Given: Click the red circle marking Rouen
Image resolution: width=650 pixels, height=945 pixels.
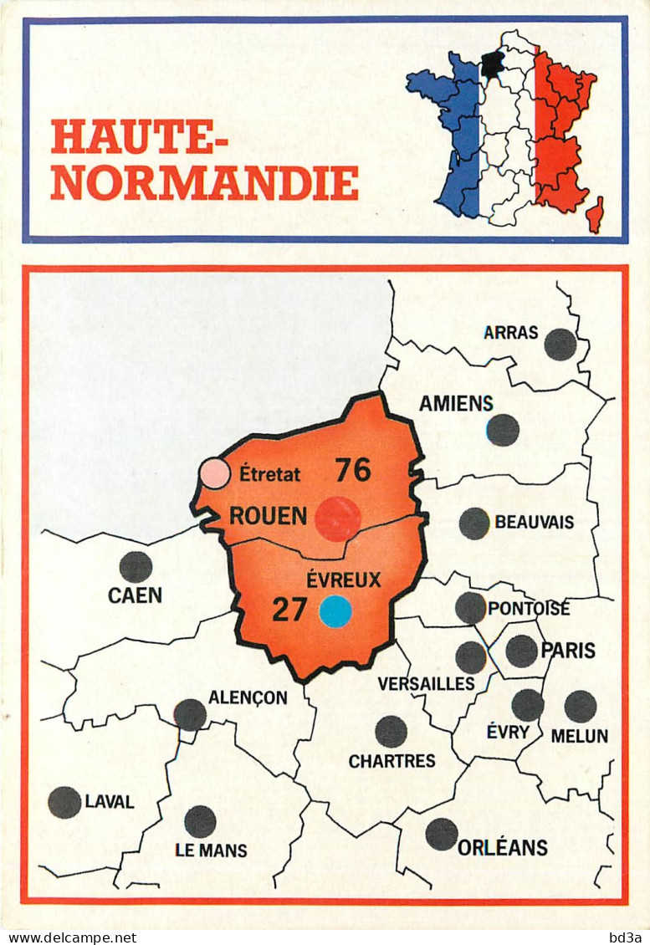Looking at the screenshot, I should coord(338,519).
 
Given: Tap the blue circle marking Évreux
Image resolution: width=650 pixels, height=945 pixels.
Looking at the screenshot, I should coord(335,611).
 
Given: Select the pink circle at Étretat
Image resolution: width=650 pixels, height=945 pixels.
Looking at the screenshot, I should coord(215,473).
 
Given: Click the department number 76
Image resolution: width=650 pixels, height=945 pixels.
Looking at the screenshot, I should coord(353,471).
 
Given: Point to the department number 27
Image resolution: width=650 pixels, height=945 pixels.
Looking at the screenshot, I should coord(289,610).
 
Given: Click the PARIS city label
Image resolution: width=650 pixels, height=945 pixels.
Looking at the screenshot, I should coord(568,650).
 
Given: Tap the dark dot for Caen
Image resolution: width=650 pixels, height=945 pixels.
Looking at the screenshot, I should coord(136,567).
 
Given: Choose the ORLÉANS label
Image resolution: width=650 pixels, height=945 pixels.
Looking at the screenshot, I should coord(502,847).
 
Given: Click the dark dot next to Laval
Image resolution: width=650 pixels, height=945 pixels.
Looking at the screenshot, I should coord(64,802).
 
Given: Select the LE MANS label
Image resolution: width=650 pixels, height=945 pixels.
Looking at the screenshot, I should coord(211,850).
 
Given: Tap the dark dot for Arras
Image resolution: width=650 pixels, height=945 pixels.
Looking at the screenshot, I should coord(560,344).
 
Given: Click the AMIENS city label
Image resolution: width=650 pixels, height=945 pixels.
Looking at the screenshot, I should coord(456,404).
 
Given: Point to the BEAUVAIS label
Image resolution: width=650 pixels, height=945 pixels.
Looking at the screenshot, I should coord(535,523).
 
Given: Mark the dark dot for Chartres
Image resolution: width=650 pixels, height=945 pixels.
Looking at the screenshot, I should coord(391,732).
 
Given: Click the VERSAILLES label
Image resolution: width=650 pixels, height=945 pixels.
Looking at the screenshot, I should coord(426,684).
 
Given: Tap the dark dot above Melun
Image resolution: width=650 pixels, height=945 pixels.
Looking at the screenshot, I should coord(581,707).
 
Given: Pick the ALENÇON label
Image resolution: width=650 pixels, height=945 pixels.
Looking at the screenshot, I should coord(248,697).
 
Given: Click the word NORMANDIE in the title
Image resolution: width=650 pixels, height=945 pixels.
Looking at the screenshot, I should coord(204,182).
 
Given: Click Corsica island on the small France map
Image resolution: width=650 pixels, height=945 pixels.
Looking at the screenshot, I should coord(595,214).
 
